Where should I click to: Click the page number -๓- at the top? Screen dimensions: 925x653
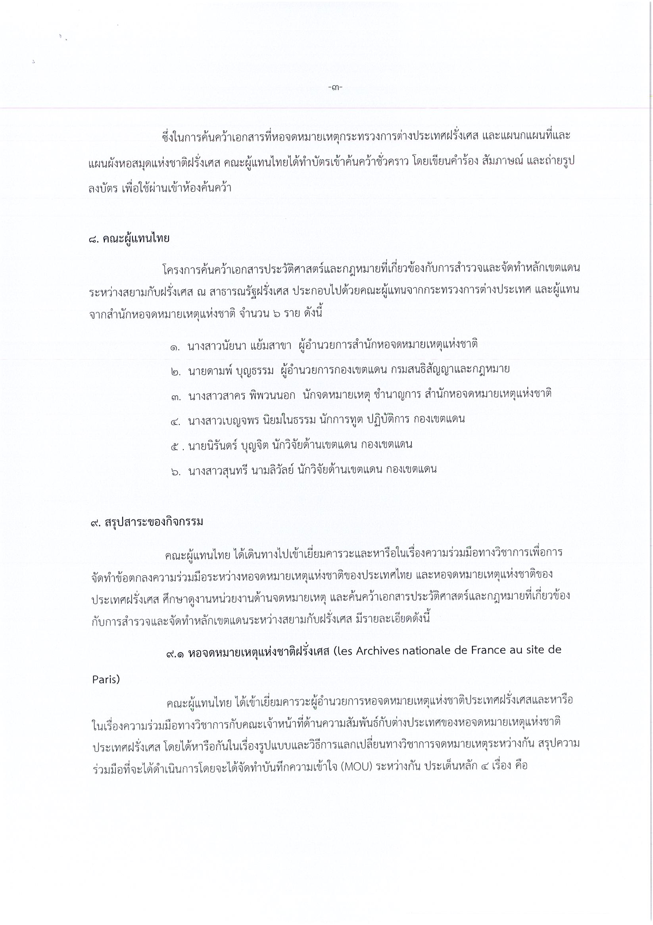tap(335, 87)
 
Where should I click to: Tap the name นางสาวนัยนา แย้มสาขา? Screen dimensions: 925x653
tap(239, 345)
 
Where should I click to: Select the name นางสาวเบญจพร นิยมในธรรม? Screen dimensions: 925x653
tap(252, 419)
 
